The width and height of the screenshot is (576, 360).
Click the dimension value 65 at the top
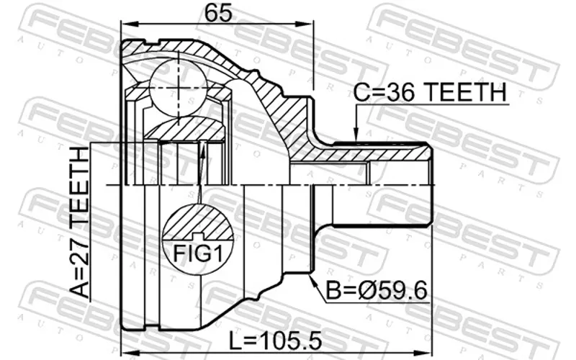point(218,13)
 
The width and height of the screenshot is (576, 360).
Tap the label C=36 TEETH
point(430,92)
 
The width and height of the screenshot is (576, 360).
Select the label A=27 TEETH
point(80,222)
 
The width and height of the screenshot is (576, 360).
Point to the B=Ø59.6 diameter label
point(377,291)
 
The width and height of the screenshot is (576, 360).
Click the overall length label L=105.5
point(276,341)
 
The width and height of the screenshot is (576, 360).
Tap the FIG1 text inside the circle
point(198,253)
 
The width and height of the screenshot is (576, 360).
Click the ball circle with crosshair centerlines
point(179,88)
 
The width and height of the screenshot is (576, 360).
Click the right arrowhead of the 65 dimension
point(305,24)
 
